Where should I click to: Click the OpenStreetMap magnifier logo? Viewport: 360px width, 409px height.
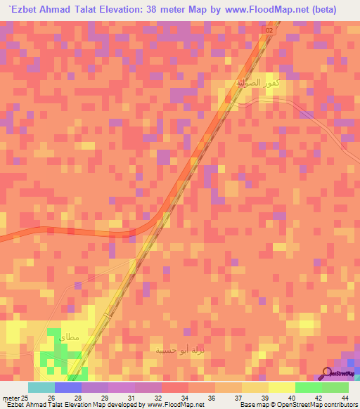[x=327, y=372]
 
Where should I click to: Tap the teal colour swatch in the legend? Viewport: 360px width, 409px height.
[x=41, y=387]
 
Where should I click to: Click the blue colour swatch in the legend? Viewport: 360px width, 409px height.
[x=68, y=387]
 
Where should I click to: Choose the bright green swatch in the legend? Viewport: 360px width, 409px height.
[x=308, y=387]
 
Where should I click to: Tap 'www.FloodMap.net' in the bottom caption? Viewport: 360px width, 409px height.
[x=172, y=404]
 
